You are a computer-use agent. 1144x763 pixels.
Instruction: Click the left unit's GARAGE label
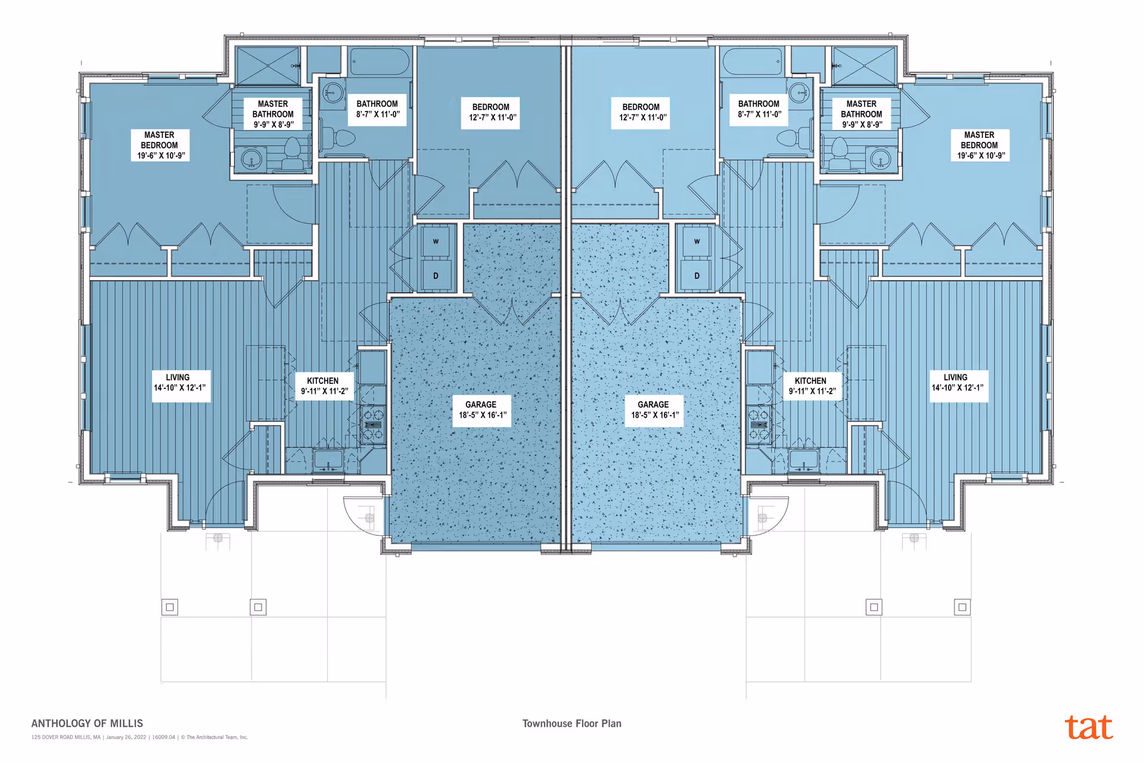point(481,410)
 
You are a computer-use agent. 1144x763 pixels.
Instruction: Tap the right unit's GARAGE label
point(654,410)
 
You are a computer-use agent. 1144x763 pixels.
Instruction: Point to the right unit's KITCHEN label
point(812,386)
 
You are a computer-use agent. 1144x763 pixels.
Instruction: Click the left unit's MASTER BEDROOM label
point(160,145)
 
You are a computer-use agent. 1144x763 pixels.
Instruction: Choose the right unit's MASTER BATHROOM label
point(861,114)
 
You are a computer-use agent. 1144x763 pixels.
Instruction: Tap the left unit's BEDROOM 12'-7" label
point(490,113)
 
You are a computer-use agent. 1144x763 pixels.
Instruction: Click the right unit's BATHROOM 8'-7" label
point(758,109)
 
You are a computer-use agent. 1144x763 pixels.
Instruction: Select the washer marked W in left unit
point(436,241)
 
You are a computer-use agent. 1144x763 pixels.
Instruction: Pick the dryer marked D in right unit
point(697,276)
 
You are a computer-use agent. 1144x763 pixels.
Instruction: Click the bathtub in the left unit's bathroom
point(380,61)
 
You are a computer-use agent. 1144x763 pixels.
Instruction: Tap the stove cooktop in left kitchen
point(373,424)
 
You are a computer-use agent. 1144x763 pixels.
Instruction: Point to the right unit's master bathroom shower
point(863,66)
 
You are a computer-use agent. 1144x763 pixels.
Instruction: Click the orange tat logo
point(1089,727)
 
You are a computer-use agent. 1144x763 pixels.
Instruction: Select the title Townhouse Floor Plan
point(571,724)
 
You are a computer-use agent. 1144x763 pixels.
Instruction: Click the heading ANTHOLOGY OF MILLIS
point(87,724)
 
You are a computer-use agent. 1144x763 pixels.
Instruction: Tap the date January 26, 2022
point(126,737)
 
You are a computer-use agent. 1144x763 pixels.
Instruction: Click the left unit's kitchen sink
point(328,459)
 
